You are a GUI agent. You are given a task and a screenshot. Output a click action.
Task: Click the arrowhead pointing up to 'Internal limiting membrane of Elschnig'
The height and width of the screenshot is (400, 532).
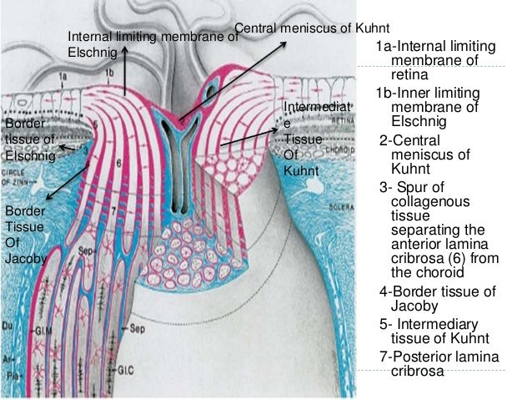pos(124,49)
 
